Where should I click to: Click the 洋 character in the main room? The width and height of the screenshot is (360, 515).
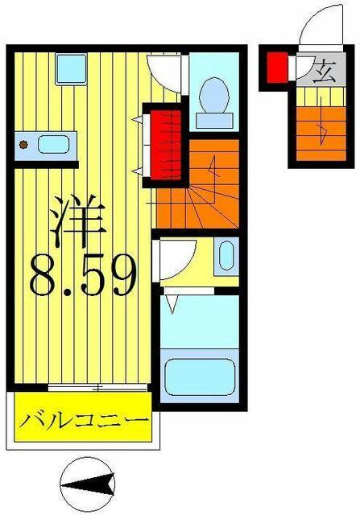[x=78, y=221]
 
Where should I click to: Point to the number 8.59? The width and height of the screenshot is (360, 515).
[x=83, y=276]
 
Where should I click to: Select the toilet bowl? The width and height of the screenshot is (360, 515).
[x=214, y=95]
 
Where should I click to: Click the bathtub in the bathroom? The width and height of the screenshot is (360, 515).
[x=200, y=377]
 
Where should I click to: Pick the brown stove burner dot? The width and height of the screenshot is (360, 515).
[x=23, y=144]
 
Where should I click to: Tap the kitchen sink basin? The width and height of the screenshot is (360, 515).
[x=53, y=145]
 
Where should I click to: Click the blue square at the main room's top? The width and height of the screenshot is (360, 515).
[x=72, y=69]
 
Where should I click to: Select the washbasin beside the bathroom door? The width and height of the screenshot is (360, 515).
[x=226, y=256]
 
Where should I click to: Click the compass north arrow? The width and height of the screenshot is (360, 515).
[x=88, y=484]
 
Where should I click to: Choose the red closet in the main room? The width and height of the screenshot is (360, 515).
[x=166, y=145]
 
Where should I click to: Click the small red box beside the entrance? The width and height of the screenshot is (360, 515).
[x=277, y=68]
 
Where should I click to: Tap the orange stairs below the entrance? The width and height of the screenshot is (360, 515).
[x=321, y=134]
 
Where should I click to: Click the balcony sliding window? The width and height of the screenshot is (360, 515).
[x=97, y=388]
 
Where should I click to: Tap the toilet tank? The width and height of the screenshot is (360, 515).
[x=214, y=120]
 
